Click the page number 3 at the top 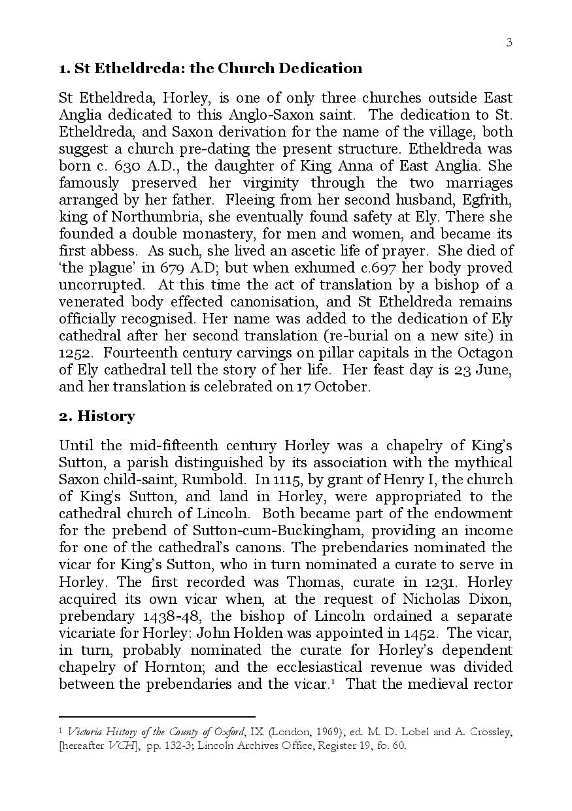click(x=509, y=42)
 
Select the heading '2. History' click(x=97, y=416)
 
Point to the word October click(x=342, y=387)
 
